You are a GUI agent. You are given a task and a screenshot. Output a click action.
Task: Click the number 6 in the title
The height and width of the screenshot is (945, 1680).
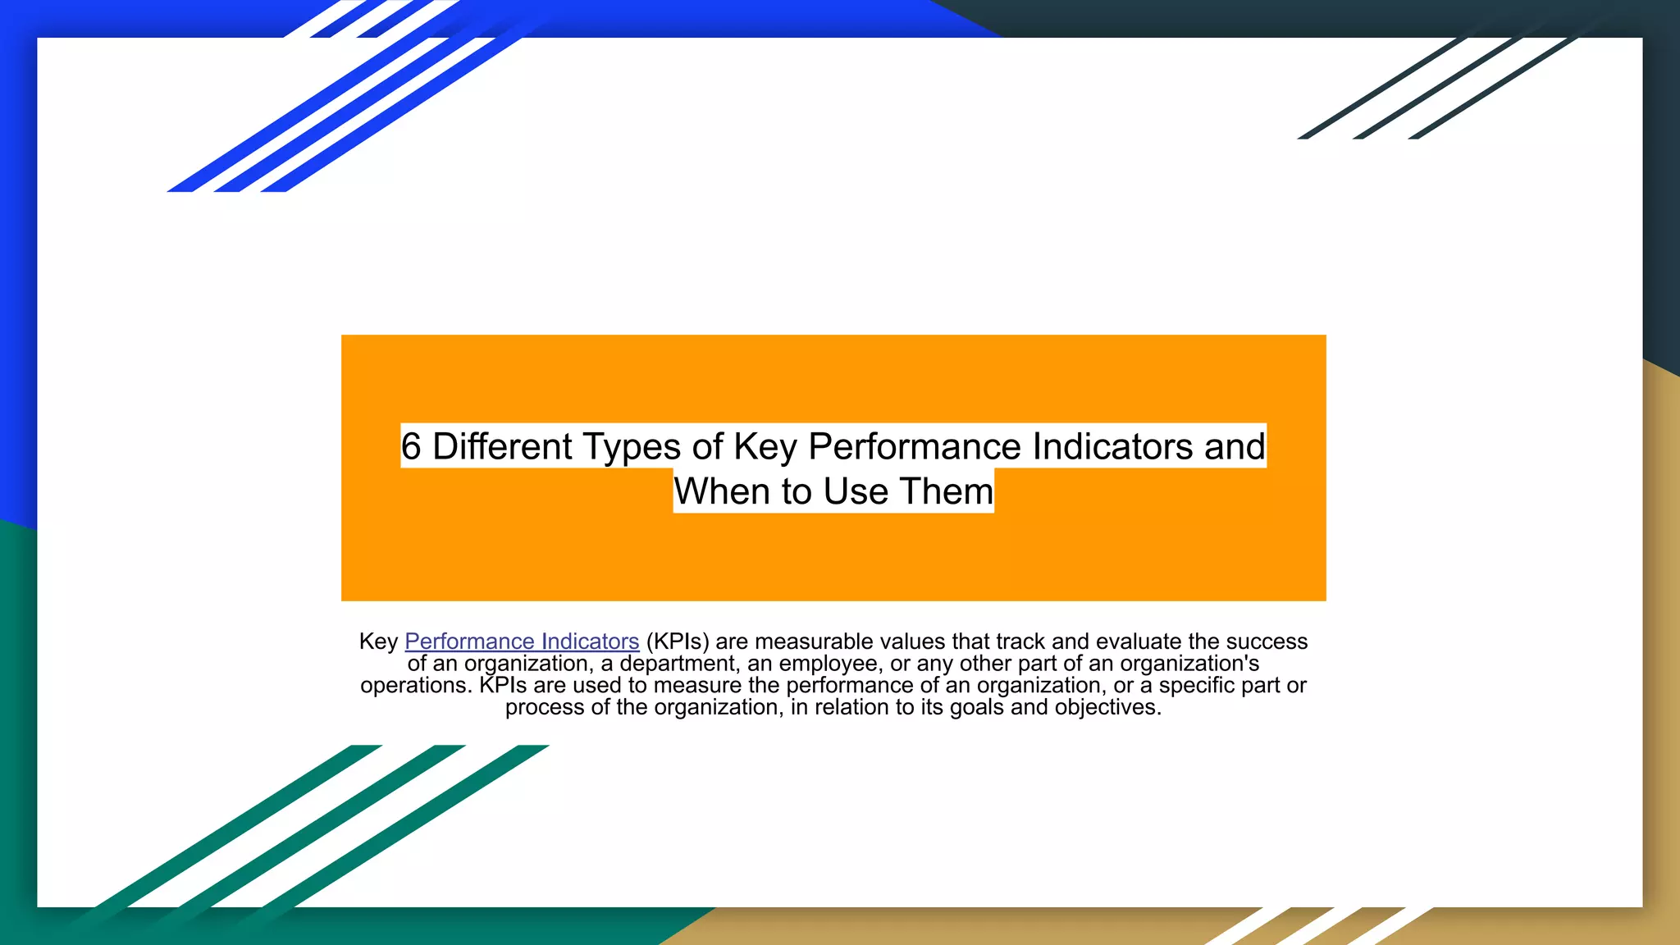411,447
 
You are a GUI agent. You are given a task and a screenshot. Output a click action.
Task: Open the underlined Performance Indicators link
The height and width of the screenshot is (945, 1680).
522,641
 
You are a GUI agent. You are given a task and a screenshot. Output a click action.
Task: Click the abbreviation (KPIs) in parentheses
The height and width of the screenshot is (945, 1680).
677,641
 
